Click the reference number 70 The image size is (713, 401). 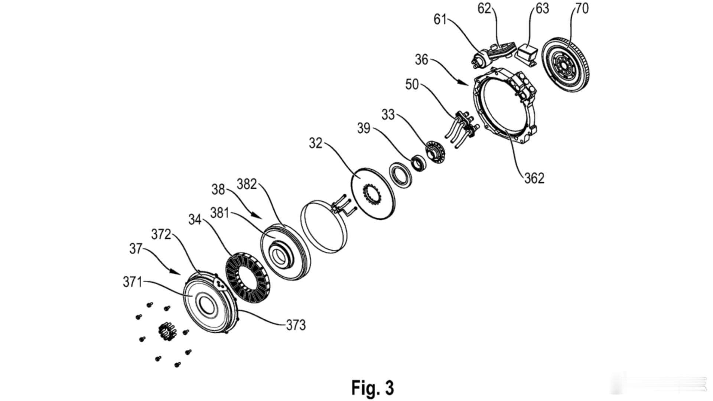(x=582, y=8)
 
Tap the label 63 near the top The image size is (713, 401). (x=543, y=8)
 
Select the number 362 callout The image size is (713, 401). (x=534, y=178)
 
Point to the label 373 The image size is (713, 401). (x=296, y=325)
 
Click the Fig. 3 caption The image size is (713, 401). (x=372, y=388)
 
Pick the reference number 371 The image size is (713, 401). (x=133, y=282)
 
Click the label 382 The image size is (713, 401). (x=247, y=184)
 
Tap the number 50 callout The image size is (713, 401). (x=412, y=85)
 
